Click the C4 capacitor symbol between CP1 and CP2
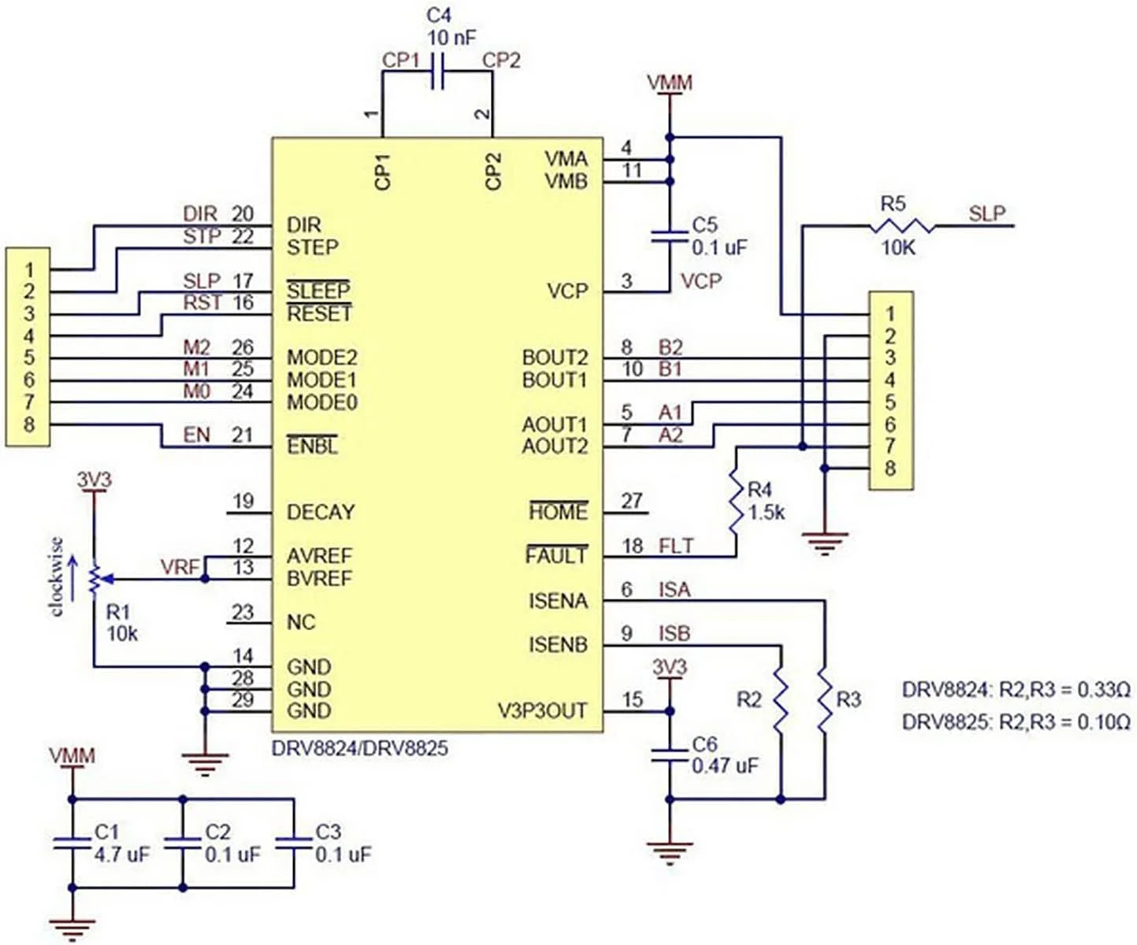(437, 72)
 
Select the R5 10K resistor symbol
(902, 227)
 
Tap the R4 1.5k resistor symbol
(735, 502)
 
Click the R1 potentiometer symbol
(94, 579)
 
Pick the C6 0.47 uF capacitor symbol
(670, 755)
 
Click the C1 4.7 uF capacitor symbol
(72, 843)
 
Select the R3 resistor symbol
(824, 700)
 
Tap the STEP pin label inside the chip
(313, 248)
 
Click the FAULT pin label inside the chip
(556, 556)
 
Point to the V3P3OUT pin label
(542, 711)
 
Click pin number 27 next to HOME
(632, 501)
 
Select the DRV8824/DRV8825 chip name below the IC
(359, 747)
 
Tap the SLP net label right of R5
(987, 214)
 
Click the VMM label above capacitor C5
(670, 83)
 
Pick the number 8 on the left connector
(29, 424)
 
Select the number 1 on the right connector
(890, 314)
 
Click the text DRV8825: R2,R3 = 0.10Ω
(1016, 721)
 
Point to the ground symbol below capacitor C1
(72, 928)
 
